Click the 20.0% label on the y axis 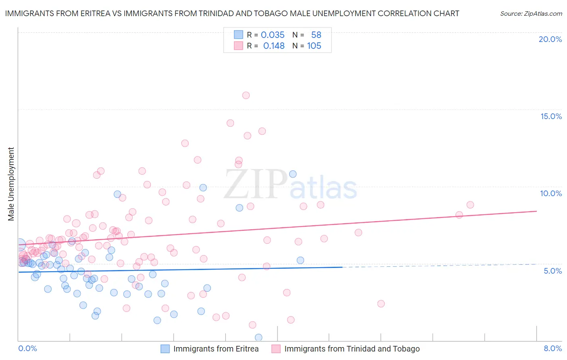coord(550,39)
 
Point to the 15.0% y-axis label coord(551,116)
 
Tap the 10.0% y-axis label coord(551,193)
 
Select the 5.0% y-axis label coord(552,271)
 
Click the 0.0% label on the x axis coord(27,348)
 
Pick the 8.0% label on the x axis coord(552,348)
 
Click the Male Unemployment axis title coord(11,184)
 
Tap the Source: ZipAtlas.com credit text coord(531,13)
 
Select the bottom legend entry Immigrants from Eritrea coord(216,349)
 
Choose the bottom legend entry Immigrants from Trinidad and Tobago coord(352,349)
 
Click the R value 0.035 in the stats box coord(273,35)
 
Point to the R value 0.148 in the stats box coord(274,46)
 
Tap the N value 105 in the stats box coord(314,46)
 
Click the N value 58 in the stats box coord(316,35)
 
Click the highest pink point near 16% coord(246,95)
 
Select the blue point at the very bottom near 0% coord(258,337)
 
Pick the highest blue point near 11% coord(293,174)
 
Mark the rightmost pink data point coord(470,205)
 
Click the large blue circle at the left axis coord(19,244)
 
